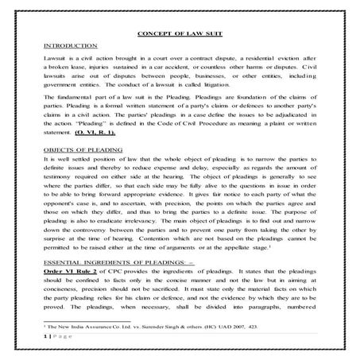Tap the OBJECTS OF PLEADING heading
[82, 149]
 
